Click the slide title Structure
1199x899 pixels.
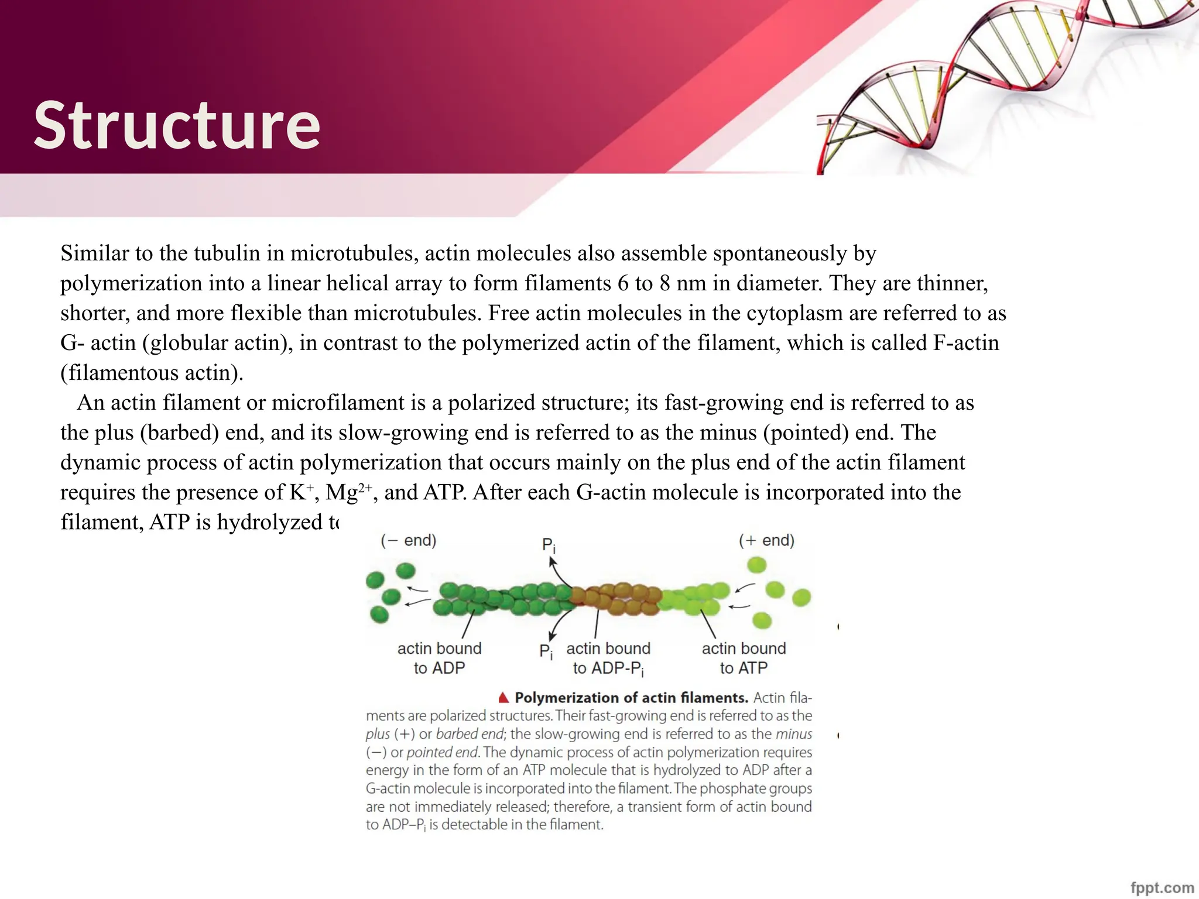click(x=177, y=125)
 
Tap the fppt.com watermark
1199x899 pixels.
click(x=1162, y=887)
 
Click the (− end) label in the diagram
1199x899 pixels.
click(x=409, y=540)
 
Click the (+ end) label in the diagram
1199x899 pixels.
click(x=766, y=540)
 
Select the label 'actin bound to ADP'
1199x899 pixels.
click(x=439, y=658)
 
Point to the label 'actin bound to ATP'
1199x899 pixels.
click(x=744, y=658)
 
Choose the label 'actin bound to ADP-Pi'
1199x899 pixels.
click(x=609, y=658)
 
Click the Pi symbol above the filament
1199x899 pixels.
click(x=548, y=545)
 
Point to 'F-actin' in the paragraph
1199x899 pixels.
click(x=966, y=343)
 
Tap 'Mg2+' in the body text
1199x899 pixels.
click(x=348, y=492)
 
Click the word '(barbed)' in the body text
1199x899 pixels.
click(x=180, y=433)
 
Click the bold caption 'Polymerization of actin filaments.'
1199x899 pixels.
click(x=631, y=698)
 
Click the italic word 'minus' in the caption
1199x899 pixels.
click(x=794, y=734)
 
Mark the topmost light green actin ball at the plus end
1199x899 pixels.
click(x=757, y=565)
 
